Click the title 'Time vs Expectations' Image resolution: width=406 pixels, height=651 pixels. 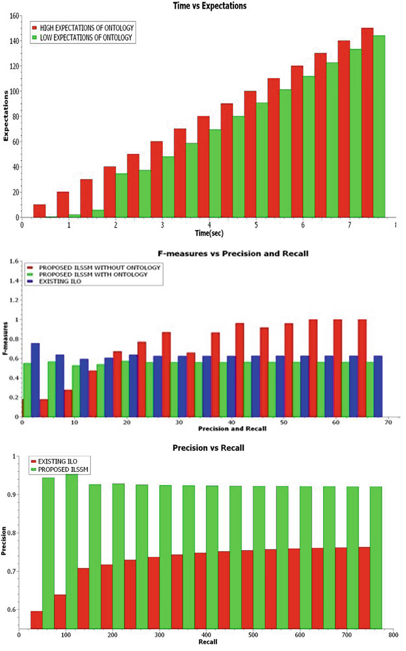pos(210,6)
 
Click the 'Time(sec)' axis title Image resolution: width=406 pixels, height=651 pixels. pos(209,233)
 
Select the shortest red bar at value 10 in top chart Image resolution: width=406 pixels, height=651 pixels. pos(39,211)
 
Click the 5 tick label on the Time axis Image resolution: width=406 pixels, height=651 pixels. pos(256,225)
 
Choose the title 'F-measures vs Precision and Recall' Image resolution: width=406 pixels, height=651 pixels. pos(233,253)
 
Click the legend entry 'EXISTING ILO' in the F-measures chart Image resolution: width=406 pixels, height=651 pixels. pos(60,281)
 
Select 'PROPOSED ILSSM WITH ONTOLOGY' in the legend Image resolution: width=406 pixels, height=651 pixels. pos(93,274)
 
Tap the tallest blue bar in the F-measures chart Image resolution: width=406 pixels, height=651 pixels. pos(35,380)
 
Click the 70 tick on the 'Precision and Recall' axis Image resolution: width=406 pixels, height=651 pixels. pos(388,422)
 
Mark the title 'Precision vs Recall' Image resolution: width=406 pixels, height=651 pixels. pos(208,448)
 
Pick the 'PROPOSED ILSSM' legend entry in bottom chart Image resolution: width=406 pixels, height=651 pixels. pos(63,469)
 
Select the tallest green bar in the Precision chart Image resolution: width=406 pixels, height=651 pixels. pos(72,551)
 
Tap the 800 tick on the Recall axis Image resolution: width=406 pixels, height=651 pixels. pos(393,635)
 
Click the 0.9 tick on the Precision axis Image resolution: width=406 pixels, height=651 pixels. pos(11,494)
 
